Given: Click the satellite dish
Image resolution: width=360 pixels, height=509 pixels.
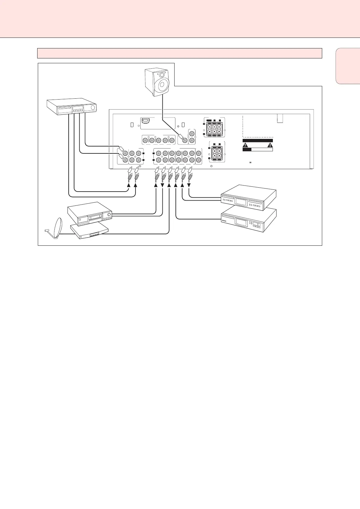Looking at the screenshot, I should pyautogui.click(x=57, y=227).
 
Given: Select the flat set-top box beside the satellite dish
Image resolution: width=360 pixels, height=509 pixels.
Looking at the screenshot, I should pyautogui.click(x=89, y=232).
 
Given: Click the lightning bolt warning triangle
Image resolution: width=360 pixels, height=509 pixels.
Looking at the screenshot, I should pyautogui.click(x=245, y=145).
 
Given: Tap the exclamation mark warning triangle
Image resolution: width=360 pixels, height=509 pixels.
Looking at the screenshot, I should pyautogui.click(x=270, y=145).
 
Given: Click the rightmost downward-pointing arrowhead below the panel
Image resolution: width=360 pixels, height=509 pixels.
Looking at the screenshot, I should pyautogui.click(x=189, y=185).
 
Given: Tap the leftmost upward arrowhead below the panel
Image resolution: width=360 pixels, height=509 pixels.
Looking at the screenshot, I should pyautogui.click(x=129, y=185).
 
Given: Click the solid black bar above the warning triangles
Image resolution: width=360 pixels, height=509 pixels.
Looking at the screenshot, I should pyautogui.click(x=258, y=140).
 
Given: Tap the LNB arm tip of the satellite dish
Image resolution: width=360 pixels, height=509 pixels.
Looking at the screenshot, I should pyautogui.click(x=46, y=231).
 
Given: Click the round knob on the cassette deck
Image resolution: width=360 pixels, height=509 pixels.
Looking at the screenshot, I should pyautogui.click(x=109, y=215).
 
